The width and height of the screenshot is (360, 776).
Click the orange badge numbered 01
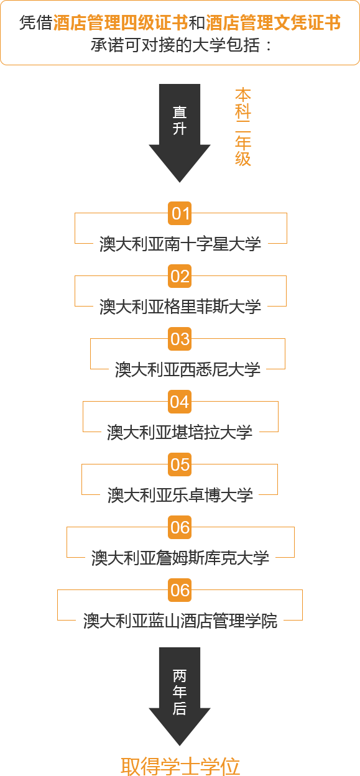click(x=180, y=213)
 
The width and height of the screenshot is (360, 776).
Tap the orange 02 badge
click(x=180, y=276)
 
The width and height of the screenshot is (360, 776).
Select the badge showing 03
click(x=180, y=339)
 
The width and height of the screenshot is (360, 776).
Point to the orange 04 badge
click(x=180, y=402)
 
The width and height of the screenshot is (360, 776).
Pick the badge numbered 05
click(x=180, y=464)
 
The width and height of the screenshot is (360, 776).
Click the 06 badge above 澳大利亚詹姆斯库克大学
click(x=180, y=527)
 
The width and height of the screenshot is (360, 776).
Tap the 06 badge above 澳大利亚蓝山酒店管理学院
click(x=180, y=590)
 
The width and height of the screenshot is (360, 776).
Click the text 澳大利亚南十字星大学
click(x=180, y=244)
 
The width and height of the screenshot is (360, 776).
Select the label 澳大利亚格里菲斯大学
click(x=180, y=307)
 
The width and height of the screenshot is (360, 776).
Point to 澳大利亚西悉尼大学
click(x=187, y=369)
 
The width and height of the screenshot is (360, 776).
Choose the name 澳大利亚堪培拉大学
click(x=180, y=432)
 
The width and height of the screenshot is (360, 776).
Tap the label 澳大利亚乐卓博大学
click(x=180, y=495)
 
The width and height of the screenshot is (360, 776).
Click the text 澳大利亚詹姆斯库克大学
click(x=180, y=558)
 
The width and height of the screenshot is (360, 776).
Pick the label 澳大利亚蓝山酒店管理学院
click(x=180, y=621)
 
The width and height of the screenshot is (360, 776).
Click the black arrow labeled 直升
click(x=180, y=133)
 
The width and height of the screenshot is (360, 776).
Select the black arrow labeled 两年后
click(x=180, y=696)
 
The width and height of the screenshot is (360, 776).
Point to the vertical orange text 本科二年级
click(x=243, y=127)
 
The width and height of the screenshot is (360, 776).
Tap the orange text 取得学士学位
click(x=180, y=766)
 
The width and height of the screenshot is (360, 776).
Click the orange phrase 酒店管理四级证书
click(x=121, y=23)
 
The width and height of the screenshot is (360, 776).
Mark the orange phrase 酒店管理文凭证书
click(x=274, y=23)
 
